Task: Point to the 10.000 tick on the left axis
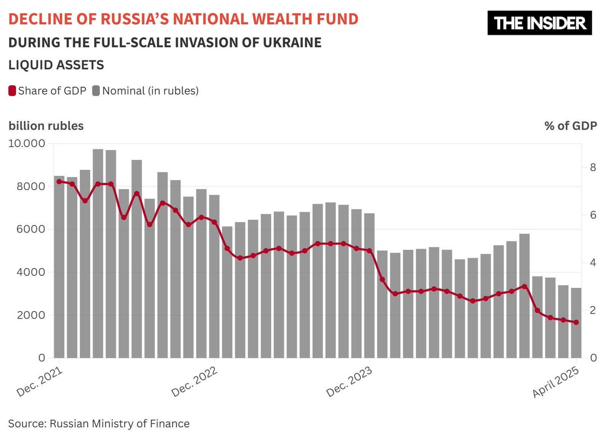(27, 144)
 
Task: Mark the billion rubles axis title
(46, 126)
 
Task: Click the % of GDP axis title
(570, 126)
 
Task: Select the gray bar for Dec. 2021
(59, 267)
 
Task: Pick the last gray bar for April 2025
(576, 323)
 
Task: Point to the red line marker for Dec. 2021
(59, 181)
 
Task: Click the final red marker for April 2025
(576, 323)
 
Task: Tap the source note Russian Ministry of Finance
(99, 423)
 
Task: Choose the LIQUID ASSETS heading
(56, 65)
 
